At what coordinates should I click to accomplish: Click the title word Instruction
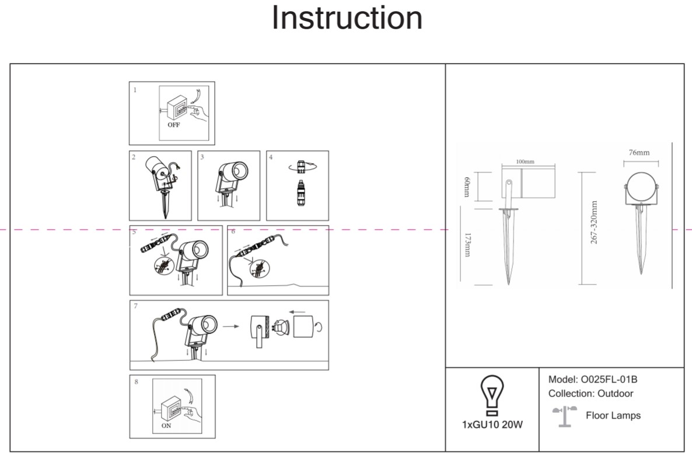347,19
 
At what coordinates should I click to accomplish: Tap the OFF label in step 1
173,125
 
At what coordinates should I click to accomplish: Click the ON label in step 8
166,426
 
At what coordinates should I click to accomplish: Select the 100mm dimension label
525,161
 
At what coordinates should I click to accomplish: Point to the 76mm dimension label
639,153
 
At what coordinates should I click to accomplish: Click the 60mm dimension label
466,186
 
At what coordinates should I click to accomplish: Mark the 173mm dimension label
467,245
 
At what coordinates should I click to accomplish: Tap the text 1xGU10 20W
492,424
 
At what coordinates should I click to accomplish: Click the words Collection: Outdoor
590,394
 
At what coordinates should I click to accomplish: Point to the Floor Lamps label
613,416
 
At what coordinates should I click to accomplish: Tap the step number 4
271,157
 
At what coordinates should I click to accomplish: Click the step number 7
136,306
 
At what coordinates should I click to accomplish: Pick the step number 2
134,157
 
